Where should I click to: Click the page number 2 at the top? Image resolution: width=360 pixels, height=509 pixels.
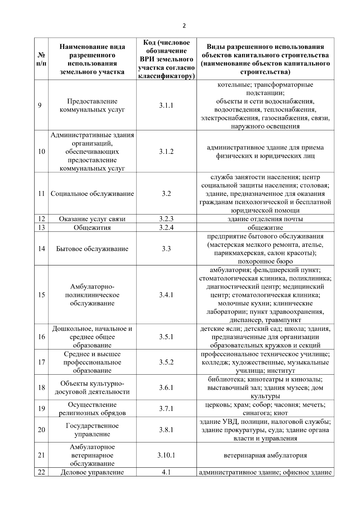[x=184, y=26]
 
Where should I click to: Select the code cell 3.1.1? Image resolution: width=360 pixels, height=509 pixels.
[x=166, y=105]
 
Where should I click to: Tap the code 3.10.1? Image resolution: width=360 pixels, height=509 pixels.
[x=166, y=455]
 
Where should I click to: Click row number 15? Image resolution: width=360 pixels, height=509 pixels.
[x=41, y=295]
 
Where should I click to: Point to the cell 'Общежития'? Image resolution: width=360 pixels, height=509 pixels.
[x=92, y=228]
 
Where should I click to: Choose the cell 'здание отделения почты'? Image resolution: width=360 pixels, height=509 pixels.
[x=265, y=219]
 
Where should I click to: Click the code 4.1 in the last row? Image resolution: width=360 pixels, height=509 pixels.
[x=166, y=472]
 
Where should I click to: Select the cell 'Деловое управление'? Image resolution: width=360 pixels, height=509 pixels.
[x=92, y=472]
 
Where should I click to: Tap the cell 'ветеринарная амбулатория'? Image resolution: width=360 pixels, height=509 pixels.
[x=265, y=455]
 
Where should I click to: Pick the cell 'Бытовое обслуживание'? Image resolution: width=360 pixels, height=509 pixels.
[x=92, y=249]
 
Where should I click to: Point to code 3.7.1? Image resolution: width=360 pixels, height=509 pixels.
[x=166, y=409]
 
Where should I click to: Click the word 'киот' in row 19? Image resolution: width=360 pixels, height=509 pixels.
[x=281, y=413]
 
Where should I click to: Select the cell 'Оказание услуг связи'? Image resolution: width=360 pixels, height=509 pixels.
[x=92, y=219]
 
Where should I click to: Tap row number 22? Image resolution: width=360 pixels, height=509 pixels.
[x=41, y=472]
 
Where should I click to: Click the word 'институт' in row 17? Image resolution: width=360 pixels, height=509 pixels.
[x=280, y=371]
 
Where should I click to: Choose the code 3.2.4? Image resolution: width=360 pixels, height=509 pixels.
[x=166, y=227]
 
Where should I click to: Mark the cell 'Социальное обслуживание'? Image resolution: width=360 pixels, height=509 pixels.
[x=92, y=193]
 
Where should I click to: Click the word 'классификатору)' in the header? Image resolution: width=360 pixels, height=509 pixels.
[x=166, y=76]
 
